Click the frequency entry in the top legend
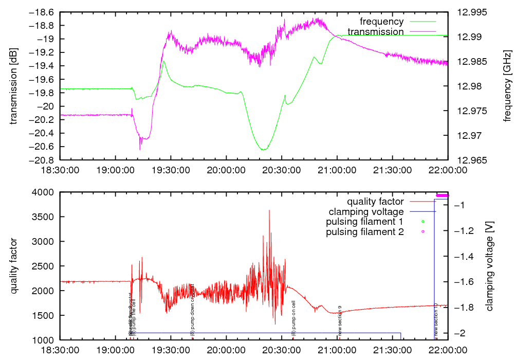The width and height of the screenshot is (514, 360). pyautogui.click(x=381, y=22)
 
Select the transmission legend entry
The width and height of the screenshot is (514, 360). pyautogui.click(x=375, y=32)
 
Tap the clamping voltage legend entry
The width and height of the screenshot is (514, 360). pyautogui.click(x=366, y=212)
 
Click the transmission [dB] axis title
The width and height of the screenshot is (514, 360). pyautogui.click(x=14, y=85)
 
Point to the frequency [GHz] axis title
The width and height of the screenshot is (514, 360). pyautogui.click(x=507, y=85)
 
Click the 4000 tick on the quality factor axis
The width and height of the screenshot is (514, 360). pyautogui.click(x=47, y=192)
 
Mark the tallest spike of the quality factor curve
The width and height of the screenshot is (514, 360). pyautogui.click(x=269, y=210)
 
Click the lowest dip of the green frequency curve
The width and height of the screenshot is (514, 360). pyautogui.click(x=263, y=150)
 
